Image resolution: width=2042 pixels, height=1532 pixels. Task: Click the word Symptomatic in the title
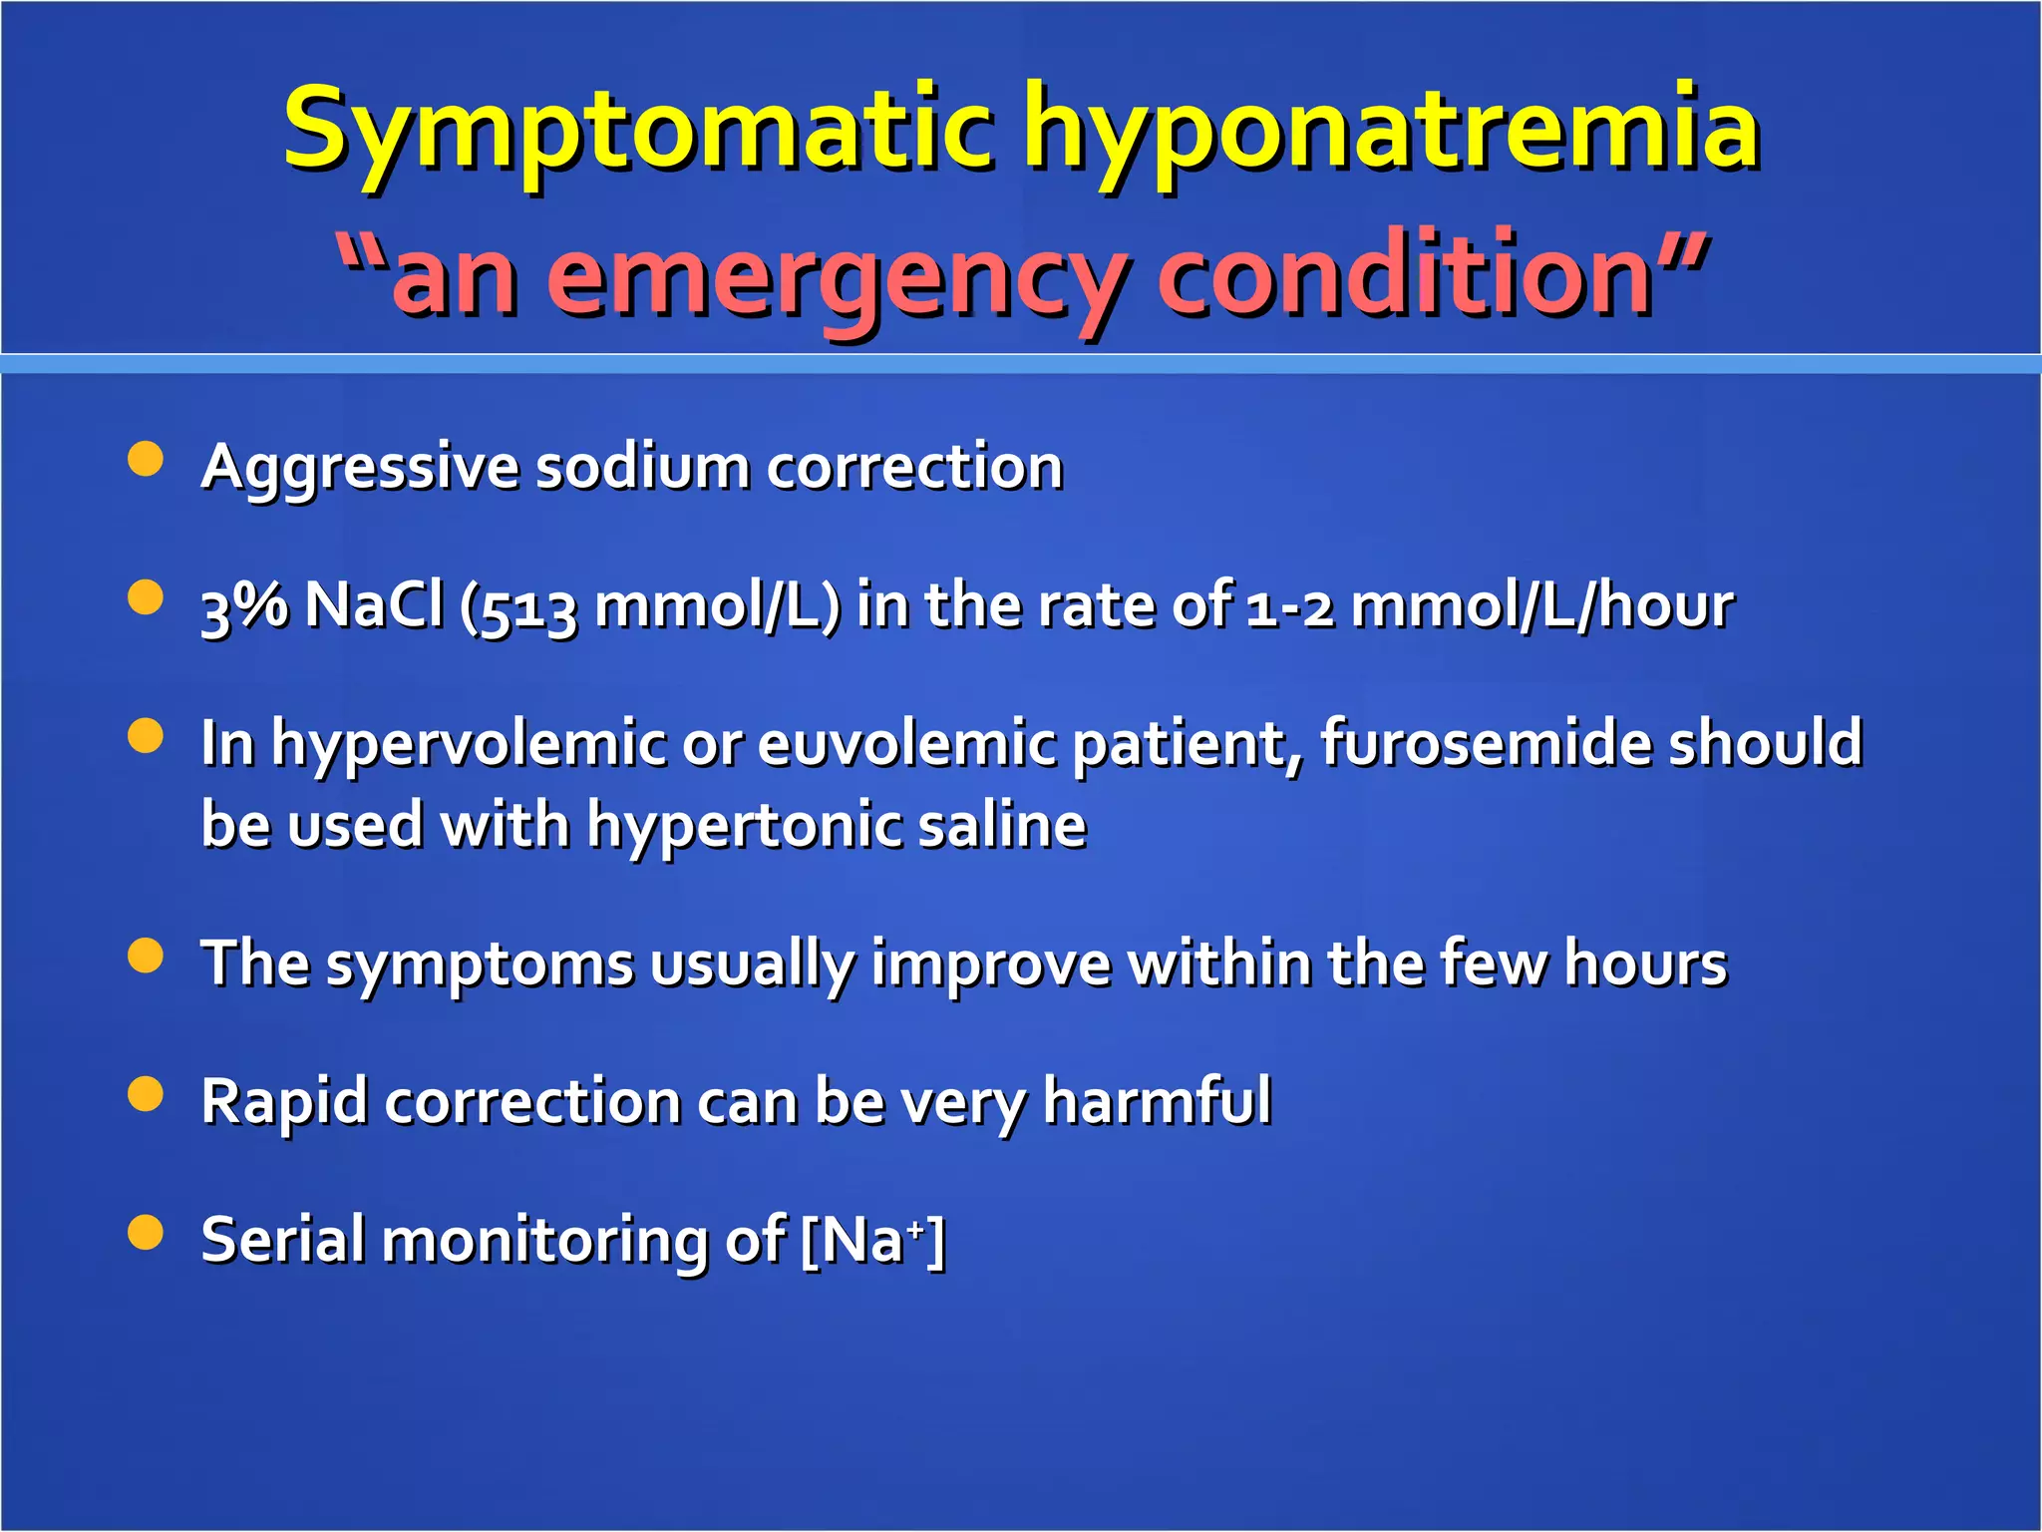638,130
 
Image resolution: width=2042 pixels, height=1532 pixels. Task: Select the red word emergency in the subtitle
838,275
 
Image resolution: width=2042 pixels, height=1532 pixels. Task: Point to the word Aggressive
360,467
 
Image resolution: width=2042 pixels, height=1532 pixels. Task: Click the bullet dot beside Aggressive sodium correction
146,460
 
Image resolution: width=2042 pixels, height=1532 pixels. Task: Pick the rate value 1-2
1290,606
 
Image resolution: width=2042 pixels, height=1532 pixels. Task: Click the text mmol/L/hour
1541,605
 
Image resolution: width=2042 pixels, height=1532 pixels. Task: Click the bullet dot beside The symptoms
146,956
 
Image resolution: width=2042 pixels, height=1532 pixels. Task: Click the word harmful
1157,1101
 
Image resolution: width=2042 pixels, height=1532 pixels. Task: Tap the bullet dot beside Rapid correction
146,1094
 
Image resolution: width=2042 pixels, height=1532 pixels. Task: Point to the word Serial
282,1239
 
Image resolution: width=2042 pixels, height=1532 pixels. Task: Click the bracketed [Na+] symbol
873,1240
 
